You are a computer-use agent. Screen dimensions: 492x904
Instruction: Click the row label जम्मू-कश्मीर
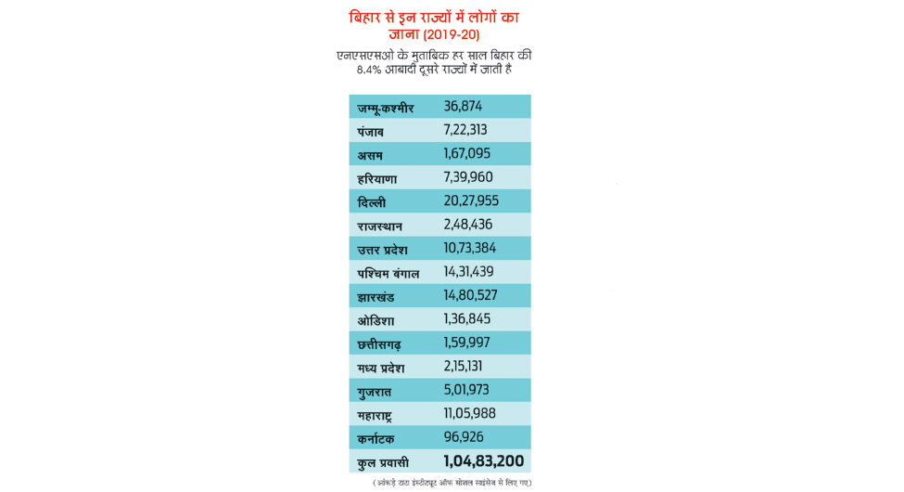385,108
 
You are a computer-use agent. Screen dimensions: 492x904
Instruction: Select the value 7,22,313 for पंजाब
465,130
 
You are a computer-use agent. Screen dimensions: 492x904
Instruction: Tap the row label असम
370,155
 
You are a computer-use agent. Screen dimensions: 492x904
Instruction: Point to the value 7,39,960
467,177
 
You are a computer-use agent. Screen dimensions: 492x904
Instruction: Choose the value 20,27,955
470,201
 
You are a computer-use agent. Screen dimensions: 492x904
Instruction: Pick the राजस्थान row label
379,226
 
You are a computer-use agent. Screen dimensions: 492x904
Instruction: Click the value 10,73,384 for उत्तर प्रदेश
469,248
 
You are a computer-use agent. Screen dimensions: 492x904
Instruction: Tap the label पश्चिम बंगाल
388,273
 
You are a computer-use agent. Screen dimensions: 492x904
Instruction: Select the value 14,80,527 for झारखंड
470,295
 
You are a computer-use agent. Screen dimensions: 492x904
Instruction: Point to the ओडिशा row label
376,320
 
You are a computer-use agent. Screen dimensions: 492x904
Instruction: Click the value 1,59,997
466,343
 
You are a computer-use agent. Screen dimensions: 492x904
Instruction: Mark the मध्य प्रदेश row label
380,368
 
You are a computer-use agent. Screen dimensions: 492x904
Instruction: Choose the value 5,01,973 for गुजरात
465,390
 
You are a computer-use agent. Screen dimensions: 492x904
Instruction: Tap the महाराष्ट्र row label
380,414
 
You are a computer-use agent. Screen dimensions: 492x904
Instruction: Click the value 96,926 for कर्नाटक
463,436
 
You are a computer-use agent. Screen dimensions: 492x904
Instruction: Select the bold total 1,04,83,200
483,461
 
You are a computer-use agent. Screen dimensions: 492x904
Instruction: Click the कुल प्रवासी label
383,462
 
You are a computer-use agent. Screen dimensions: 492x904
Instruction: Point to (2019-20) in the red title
451,35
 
